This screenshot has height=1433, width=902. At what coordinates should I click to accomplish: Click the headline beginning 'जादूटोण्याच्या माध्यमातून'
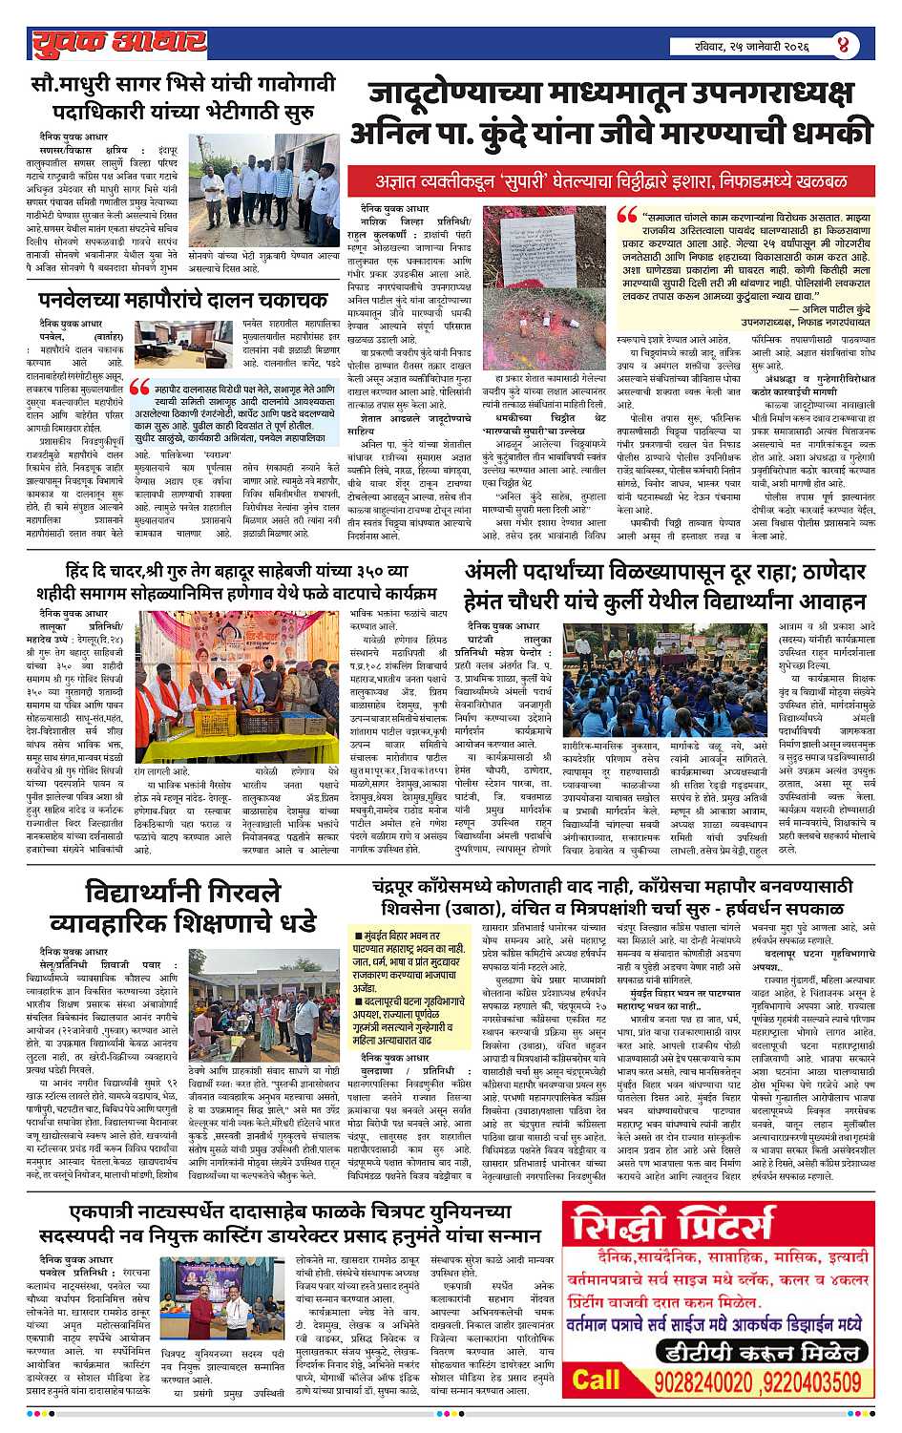point(611,113)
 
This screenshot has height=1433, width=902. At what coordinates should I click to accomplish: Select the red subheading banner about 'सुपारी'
point(611,180)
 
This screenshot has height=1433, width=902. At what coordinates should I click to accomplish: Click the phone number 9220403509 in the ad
point(814,1381)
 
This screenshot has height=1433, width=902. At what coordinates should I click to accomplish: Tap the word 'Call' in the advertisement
point(598,1380)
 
